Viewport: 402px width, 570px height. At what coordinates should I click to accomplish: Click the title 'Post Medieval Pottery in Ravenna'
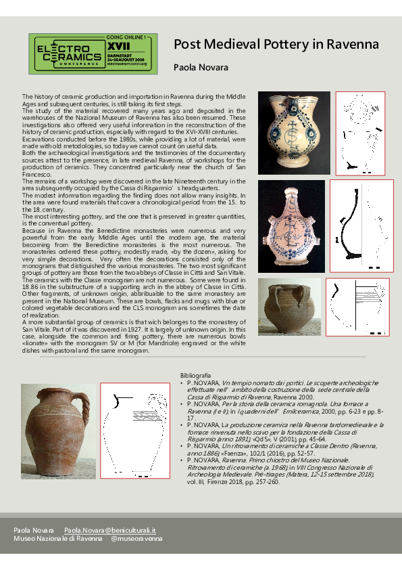tap(276, 45)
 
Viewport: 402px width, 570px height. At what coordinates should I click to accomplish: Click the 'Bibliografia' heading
tap(196, 374)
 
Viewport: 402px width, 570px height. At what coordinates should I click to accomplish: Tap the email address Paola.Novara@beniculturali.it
tap(110, 529)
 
